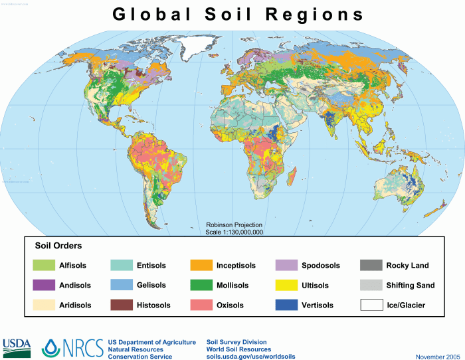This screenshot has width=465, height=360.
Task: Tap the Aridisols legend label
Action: [x=76, y=306]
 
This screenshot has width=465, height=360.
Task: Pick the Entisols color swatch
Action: [x=120, y=266]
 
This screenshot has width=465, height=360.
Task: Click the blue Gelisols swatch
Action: [x=120, y=286]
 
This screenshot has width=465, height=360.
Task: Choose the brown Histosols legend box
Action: [x=120, y=306]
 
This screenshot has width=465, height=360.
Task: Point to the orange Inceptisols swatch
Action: [x=200, y=266]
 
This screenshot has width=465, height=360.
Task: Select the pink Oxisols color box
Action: [x=200, y=306]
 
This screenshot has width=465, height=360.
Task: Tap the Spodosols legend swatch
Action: [x=285, y=266]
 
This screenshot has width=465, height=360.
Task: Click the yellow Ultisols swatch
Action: [x=285, y=286]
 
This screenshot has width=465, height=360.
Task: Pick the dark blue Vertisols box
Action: [x=285, y=306]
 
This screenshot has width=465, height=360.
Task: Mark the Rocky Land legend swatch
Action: [x=370, y=266]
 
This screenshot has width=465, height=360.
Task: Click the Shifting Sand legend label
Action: [x=411, y=286]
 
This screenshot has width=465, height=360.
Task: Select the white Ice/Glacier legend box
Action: [x=370, y=306]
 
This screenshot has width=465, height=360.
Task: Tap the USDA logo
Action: [x=17, y=345]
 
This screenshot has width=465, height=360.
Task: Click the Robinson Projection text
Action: [x=234, y=225]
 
